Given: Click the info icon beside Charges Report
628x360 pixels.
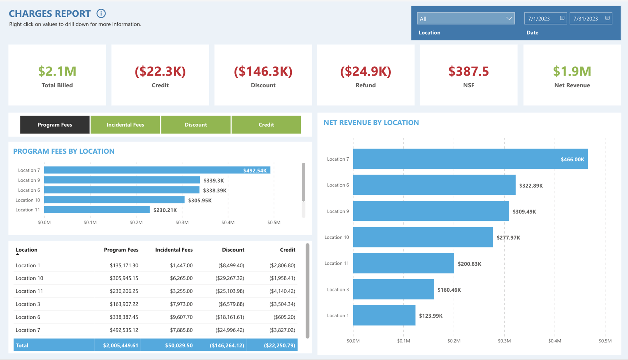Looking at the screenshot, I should (101, 14).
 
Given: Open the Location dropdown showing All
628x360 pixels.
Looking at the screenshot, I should (466, 19).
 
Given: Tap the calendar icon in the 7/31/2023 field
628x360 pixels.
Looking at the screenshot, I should (608, 18).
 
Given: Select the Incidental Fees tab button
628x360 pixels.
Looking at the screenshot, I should (125, 125).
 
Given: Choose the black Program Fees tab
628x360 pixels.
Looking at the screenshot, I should (55, 125).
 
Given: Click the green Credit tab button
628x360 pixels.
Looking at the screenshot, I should (266, 125).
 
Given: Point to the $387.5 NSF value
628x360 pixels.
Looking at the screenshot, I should (468, 71).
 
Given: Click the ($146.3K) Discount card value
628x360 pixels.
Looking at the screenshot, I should (263, 71).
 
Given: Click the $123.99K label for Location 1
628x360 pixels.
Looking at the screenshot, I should (430, 316).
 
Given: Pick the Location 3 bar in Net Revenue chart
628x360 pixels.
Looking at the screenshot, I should (393, 289).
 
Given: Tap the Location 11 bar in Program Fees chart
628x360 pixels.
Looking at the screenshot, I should (97, 210).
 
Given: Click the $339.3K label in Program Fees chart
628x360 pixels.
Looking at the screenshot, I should (214, 180).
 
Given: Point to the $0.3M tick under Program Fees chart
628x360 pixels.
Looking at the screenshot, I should (182, 222).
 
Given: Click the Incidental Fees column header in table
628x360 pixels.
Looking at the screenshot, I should (174, 250).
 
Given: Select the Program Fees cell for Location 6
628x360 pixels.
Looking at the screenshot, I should (124, 317).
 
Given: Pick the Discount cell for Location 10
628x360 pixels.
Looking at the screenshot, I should (229, 278).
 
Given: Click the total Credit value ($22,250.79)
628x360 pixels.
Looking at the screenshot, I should (279, 345).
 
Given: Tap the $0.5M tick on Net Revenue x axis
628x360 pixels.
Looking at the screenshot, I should (605, 341).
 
